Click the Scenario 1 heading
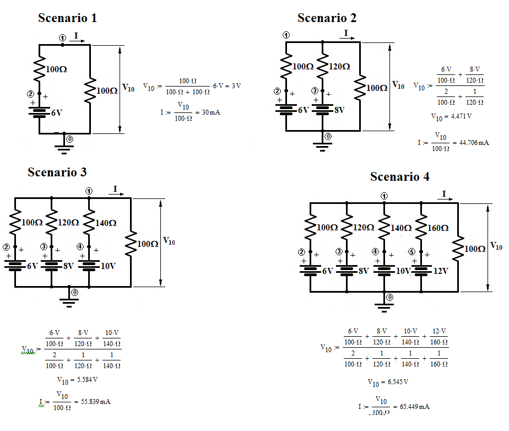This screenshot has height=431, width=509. click(x=67, y=18)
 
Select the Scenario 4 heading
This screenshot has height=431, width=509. click(x=399, y=176)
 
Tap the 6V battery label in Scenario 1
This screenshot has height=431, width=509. click(x=57, y=112)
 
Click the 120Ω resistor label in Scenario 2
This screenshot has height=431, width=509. click(x=339, y=67)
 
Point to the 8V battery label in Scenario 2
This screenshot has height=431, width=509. click(x=339, y=110)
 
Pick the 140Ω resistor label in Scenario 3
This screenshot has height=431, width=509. click(x=105, y=223)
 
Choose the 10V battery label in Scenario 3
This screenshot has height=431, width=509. click(x=109, y=266)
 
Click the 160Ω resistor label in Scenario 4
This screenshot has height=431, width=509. click(x=437, y=228)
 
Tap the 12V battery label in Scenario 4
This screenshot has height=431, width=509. click(x=440, y=271)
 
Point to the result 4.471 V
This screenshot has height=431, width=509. click(x=451, y=116)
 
